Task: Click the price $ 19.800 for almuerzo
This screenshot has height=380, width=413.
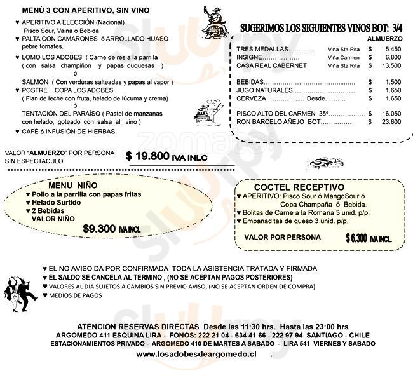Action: [149, 156]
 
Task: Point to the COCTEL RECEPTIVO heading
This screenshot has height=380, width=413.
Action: [299, 187]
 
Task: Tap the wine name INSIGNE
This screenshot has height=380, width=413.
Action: [248, 57]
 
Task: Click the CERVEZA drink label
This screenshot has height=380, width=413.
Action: [250, 98]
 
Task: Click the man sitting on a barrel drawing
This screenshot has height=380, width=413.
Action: [212, 24]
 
